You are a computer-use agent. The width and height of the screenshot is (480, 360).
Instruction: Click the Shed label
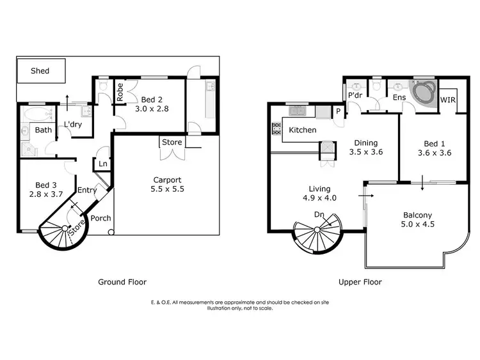40,71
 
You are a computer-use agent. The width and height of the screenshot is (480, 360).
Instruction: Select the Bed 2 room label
152,99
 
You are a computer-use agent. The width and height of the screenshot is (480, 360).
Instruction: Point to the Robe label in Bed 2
120,93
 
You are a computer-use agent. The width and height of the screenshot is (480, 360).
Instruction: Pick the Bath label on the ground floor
44,130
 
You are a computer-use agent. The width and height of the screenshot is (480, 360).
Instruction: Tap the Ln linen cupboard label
102,164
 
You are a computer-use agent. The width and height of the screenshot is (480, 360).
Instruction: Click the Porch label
100,218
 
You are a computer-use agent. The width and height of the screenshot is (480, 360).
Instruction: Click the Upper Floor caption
361,281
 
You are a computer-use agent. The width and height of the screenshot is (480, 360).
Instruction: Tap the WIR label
449,100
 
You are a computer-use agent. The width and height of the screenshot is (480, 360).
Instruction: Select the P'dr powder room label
355,96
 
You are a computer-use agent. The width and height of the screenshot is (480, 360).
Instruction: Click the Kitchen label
302,130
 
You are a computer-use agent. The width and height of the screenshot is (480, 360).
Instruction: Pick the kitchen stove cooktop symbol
277,130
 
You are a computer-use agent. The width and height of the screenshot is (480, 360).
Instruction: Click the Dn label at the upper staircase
318,214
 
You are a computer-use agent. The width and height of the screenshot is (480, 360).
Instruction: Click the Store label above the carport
172,142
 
